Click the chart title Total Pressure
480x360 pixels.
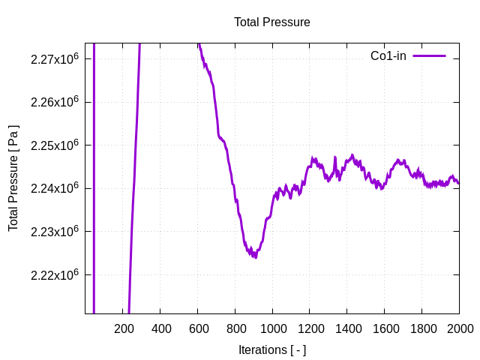(271, 22)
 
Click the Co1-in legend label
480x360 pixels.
(388, 56)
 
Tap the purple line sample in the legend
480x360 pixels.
(429, 56)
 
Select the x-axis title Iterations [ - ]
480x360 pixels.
(271, 349)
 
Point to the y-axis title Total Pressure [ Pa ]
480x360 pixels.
(13, 178)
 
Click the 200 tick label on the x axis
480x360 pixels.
(123, 328)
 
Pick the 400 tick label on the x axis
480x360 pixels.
(160, 328)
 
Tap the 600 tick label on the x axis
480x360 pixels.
(198, 328)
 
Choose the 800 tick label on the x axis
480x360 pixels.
(235, 328)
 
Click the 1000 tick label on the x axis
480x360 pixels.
(272, 328)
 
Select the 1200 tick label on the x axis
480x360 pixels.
(310, 328)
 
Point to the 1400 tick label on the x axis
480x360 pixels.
(347, 328)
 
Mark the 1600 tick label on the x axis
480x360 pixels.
(385, 328)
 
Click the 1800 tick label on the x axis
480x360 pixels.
(422, 328)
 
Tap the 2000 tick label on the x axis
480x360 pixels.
(459, 328)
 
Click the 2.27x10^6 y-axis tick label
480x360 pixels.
(55, 58)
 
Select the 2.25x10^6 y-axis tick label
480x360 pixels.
(55, 145)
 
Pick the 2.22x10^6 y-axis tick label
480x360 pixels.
(55, 274)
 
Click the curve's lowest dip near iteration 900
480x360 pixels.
(255, 256)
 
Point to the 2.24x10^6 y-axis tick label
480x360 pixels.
(55, 188)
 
